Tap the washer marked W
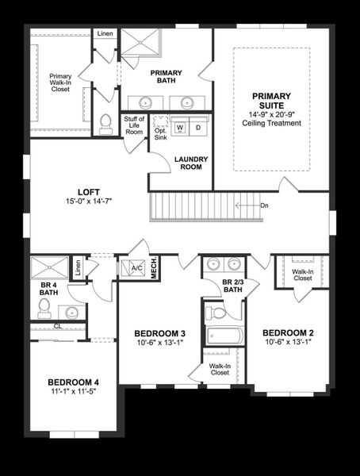[x=180, y=127]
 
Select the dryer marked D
[x=197, y=127]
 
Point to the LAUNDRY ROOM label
[x=191, y=163]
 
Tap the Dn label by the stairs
[x=264, y=205]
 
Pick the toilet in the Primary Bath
[x=105, y=123]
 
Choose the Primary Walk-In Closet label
[x=60, y=82]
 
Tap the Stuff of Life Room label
[x=134, y=125]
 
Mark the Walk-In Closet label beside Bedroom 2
[x=301, y=275]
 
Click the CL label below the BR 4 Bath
[x=57, y=325]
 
